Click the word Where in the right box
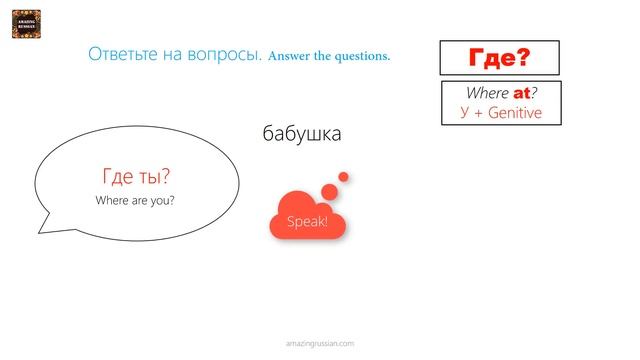click(488, 93)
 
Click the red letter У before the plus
click(465, 112)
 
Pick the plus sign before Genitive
click(480, 113)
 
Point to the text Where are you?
click(136, 200)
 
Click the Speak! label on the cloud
click(307, 221)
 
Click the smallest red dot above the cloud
click(343, 177)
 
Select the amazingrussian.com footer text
click(320, 342)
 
